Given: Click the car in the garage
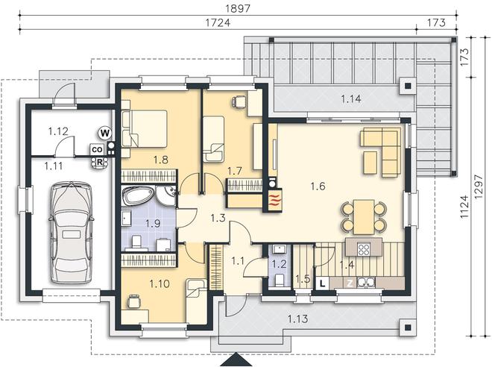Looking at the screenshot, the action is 71,232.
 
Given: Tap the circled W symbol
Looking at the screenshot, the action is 105,133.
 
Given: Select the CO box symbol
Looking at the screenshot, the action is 97,150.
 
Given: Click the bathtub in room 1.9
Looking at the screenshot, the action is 139,196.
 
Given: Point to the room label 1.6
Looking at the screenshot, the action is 318,186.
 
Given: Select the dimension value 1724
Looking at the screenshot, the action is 218,22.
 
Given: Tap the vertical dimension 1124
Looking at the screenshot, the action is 464,207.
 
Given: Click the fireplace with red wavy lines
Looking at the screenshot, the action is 275,200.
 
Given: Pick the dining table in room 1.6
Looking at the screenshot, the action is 364,217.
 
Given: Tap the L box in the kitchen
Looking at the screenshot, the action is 322,283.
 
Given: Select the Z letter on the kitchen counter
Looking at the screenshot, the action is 350,283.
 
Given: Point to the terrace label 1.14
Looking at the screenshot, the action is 351,99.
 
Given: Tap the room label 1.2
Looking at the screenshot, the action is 279,264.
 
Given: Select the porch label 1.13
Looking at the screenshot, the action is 297,319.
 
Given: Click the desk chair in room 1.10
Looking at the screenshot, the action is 133,301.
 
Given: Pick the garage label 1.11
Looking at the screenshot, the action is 53,166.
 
